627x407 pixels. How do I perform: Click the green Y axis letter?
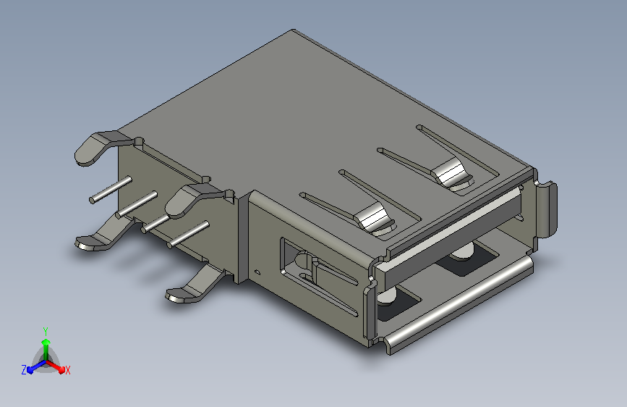tap(46, 332)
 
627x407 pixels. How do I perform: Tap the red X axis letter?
tap(67, 370)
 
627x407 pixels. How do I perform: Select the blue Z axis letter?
tap(24, 370)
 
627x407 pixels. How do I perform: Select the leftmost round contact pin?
tap(111, 190)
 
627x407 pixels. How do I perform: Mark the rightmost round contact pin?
tap(188, 235)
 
